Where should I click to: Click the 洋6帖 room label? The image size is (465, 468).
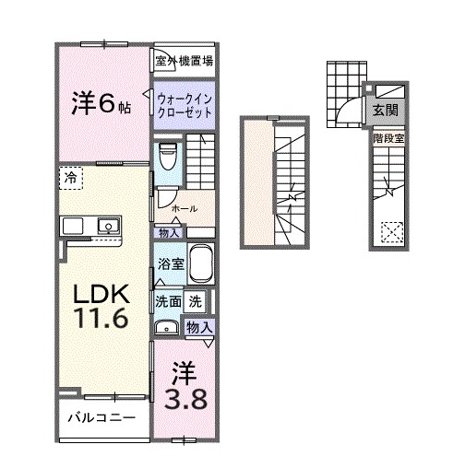[x=101, y=104]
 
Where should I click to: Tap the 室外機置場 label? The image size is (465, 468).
[x=185, y=62]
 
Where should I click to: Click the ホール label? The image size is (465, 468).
[x=184, y=208]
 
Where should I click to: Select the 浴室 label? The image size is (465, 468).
[x=168, y=263]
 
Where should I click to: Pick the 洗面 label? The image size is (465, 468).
[x=167, y=300]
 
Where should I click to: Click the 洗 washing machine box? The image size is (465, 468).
[x=196, y=300]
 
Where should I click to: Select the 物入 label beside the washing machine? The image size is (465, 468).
[x=199, y=325]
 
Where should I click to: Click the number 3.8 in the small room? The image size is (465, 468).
[x=182, y=399]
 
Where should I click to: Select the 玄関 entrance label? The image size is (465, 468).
[x=385, y=110]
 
